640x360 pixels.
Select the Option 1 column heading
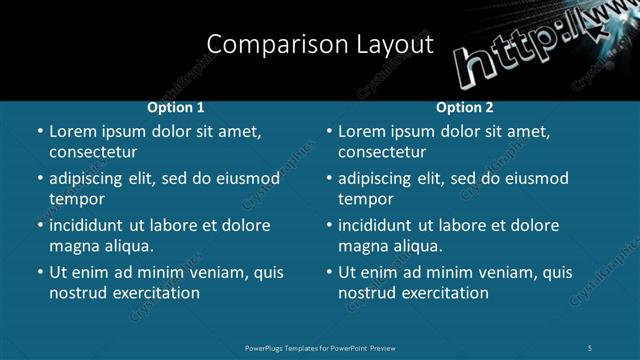point(176,107)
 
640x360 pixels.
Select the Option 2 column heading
point(465,107)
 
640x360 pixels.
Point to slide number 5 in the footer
point(591,347)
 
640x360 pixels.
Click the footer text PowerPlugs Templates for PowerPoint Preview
point(320,347)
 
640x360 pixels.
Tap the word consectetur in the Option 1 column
point(93,152)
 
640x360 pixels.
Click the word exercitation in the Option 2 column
point(444,293)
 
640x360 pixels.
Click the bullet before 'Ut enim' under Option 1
point(39,272)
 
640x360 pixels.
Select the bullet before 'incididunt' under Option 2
point(328,225)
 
